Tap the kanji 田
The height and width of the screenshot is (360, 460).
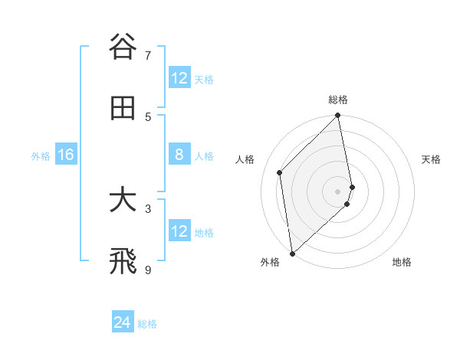pos(123,108)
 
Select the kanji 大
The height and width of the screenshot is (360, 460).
pos(123,200)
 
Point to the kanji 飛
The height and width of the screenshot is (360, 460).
pos(123,261)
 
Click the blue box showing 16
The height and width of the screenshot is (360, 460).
pos(65,155)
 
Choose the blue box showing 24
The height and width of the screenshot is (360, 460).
pos(123,323)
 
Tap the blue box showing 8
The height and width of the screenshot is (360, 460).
pos(179,155)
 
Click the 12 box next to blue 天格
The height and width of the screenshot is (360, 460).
pos(179,78)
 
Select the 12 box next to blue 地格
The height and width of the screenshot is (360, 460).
pos(179,232)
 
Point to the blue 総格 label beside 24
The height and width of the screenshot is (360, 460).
pos(147,324)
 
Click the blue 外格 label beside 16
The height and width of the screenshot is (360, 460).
pos(41,156)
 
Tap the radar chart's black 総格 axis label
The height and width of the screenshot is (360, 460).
pos(338,100)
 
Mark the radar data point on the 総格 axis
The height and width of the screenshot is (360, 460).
pos(338,116)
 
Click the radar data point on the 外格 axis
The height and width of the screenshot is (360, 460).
pos(292,253)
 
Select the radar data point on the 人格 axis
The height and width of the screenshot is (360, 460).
pos(280,172)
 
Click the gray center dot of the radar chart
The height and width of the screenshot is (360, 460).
pos(338,191)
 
